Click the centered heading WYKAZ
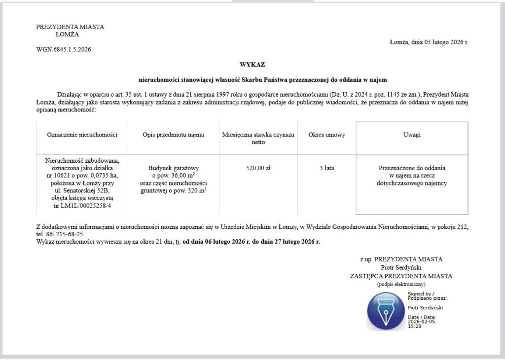[x=252, y=65]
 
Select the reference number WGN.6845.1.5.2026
[x=63, y=49]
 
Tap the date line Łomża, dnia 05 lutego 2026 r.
[x=429, y=42]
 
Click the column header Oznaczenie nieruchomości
[x=82, y=135]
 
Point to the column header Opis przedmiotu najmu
[x=173, y=135]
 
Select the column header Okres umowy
[x=326, y=135]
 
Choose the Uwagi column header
[x=412, y=135]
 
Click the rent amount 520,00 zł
[x=258, y=168]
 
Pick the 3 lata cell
[x=326, y=168]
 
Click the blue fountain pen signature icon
[x=386, y=311]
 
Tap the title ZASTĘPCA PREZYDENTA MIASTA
[x=401, y=276]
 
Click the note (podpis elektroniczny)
[x=401, y=284]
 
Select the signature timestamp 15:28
[x=414, y=326]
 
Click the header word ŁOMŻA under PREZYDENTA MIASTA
[x=67, y=35]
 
